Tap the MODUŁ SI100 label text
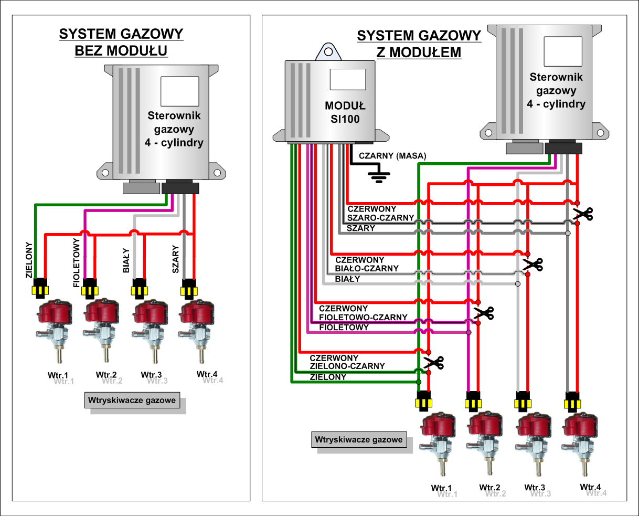(x=345, y=112)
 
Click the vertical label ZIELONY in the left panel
(x=29, y=260)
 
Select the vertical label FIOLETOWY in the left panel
(x=77, y=262)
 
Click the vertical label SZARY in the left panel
(x=175, y=259)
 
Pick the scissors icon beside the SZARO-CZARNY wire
(x=583, y=214)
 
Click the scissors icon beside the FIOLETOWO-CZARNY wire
(x=484, y=313)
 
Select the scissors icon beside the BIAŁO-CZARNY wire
(x=533, y=264)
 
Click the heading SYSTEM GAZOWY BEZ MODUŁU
(x=121, y=42)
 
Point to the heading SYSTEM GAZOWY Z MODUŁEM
(x=419, y=44)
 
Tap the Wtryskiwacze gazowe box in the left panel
(x=132, y=400)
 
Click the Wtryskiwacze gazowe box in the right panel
(x=359, y=440)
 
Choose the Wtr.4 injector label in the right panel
(x=590, y=487)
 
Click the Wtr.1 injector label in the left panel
(x=58, y=375)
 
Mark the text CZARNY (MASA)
(x=392, y=156)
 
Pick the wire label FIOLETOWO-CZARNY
(x=363, y=317)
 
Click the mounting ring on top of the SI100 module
(x=328, y=52)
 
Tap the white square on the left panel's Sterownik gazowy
(x=179, y=91)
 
